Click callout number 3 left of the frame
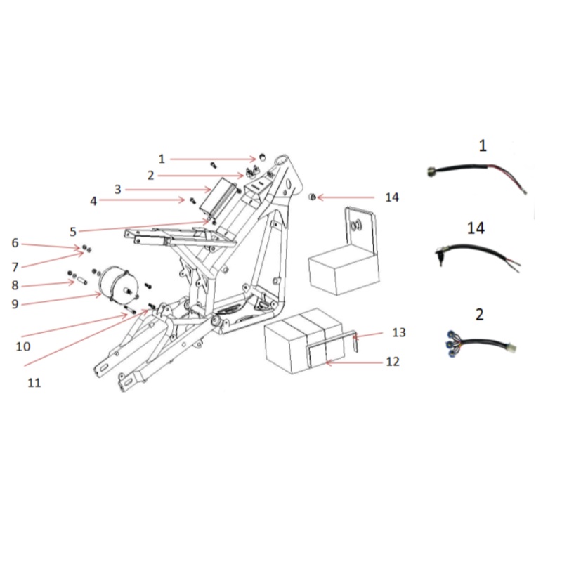(118, 190)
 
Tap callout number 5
(73, 232)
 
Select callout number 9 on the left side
(15, 304)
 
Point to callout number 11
(34, 383)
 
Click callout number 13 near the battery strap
(399, 332)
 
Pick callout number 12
(393, 362)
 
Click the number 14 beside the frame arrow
(392, 197)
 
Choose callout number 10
(23, 346)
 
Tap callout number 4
(93, 201)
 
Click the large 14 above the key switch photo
(476, 228)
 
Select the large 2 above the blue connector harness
(479, 314)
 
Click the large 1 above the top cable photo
(483, 145)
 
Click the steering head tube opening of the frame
(282, 159)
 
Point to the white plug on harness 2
(511, 347)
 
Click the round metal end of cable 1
(432, 172)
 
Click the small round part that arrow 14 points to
(313, 197)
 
